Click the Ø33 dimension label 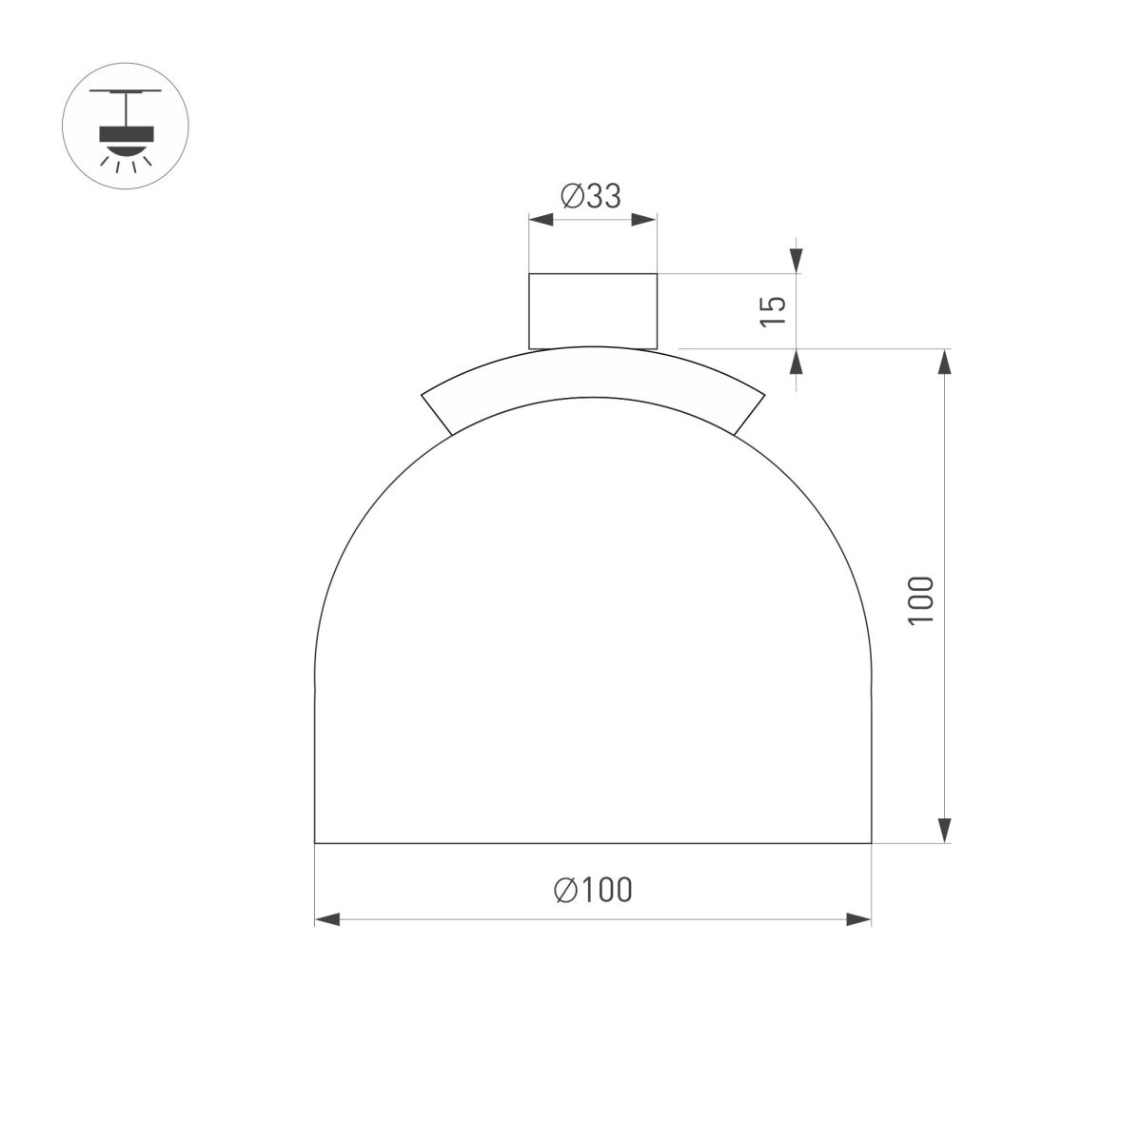point(591,196)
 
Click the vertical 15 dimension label point(774,311)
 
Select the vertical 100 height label point(920,600)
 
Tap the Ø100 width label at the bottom point(593,890)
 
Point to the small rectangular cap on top point(592,310)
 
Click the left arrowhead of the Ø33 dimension point(541,221)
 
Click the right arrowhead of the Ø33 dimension point(644,221)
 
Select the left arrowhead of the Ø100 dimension point(326,919)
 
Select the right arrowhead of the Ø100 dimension point(859,919)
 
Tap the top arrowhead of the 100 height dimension point(944,362)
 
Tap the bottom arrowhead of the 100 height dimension point(944,830)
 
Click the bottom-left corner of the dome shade point(315,842)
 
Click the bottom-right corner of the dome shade point(871,842)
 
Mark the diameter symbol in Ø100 point(565,890)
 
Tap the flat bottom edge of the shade point(593,842)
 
